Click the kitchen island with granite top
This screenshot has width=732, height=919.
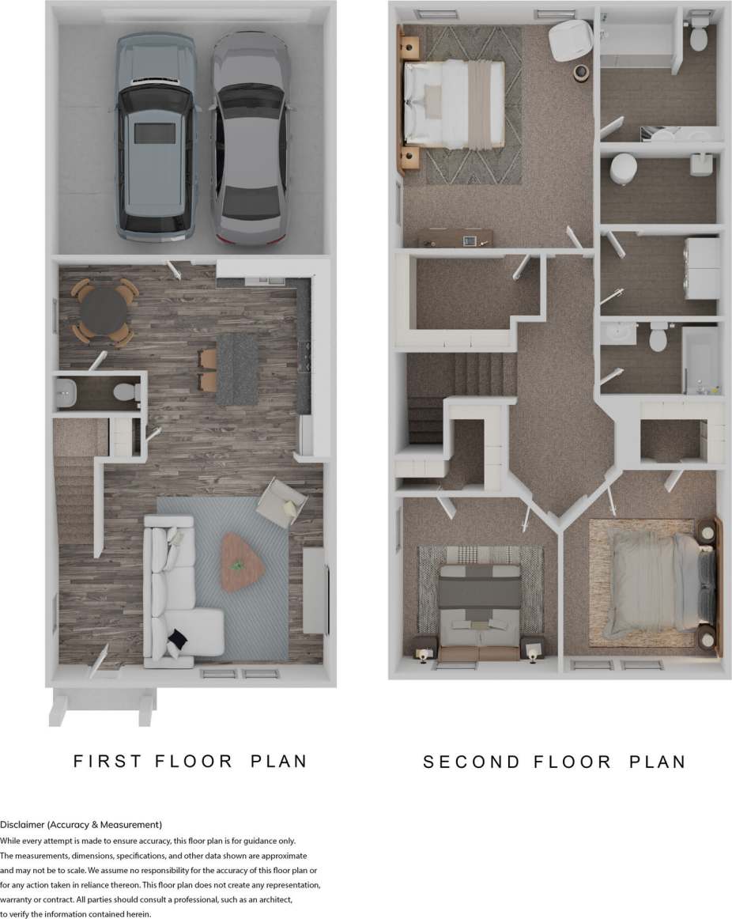click(237, 369)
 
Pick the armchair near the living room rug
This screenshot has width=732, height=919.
click(282, 501)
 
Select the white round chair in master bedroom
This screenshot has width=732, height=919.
click(571, 40)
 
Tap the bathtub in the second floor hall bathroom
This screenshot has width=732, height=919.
click(702, 360)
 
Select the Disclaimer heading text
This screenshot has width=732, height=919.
click(81, 824)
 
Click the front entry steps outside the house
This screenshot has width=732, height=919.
click(101, 706)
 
